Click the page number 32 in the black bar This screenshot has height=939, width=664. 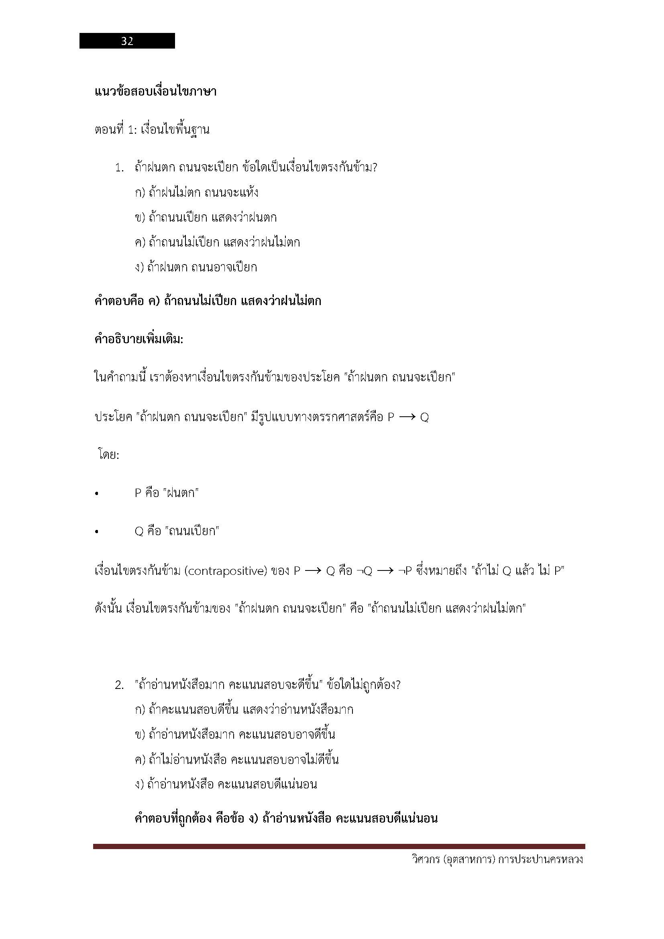pyautogui.click(x=127, y=41)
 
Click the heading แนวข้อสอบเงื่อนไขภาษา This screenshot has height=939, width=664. pyautogui.click(x=155, y=92)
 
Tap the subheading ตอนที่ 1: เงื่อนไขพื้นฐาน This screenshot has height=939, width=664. pyautogui.click(x=152, y=130)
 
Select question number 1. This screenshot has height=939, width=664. pyautogui.click(x=119, y=168)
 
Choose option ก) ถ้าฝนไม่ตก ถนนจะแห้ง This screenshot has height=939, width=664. pyautogui.click(x=196, y=193)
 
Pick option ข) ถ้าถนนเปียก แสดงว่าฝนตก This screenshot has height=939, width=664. pyautogui.click(x=205, y=218)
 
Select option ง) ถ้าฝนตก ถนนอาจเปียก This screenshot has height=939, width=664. pyautogui.click(x=196, y=267)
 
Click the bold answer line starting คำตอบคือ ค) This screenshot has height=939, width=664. pyautogui.click(x=208, y=301)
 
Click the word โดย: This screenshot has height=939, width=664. pyautogui.click(x=108, y=455)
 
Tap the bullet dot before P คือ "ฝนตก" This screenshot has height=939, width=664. pyautogui.click(x=96, y=494)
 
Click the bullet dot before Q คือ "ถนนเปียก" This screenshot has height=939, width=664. pyautogui.click(x=96, y=532)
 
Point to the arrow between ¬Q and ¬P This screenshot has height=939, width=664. pyautogui.click(x=385, y=571)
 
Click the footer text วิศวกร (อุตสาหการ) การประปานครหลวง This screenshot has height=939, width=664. pyautogui.click(x=497, y=860)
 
